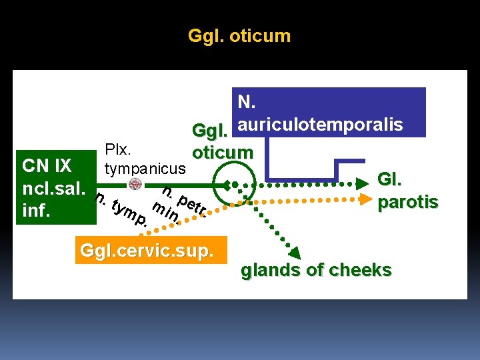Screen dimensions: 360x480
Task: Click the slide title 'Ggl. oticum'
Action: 239,36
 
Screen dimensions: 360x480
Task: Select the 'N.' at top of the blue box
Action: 246,102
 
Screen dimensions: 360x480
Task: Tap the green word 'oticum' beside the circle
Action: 223,152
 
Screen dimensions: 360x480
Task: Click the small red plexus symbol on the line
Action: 135,184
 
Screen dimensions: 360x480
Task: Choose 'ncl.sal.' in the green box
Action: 53,187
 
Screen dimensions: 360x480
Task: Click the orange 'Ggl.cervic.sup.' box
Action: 151,251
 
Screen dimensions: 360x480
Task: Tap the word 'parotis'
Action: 407,201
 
